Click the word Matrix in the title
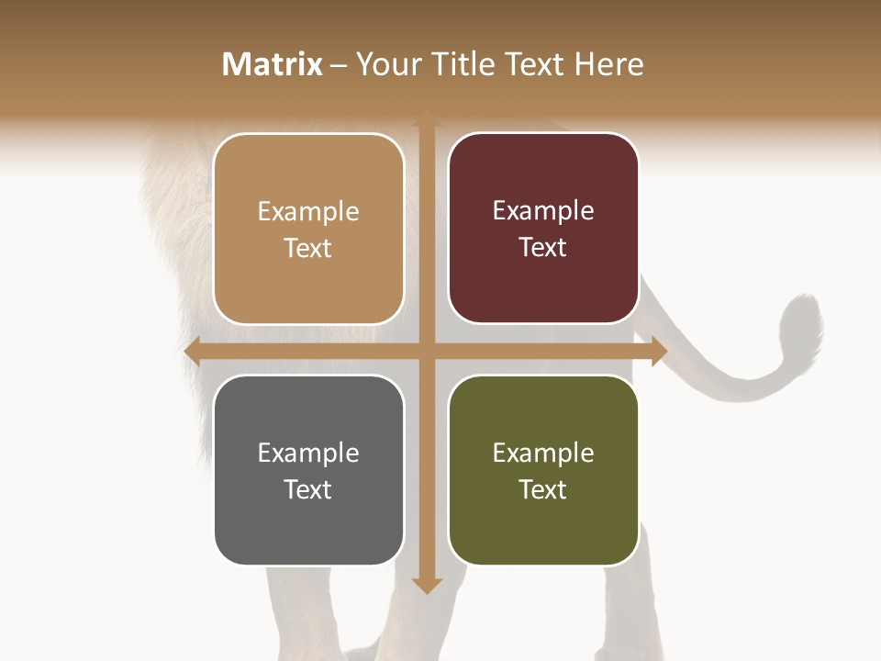point(273,64)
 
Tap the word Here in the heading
point(608,64)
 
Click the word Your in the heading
point(385,64)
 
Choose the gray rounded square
point(308,523)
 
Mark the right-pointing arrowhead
point(658,352)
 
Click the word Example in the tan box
point(308,212)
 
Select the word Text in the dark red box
point(543,248)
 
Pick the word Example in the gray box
point(308,454)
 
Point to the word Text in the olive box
point(543,489)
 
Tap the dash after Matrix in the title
point(339,65)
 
